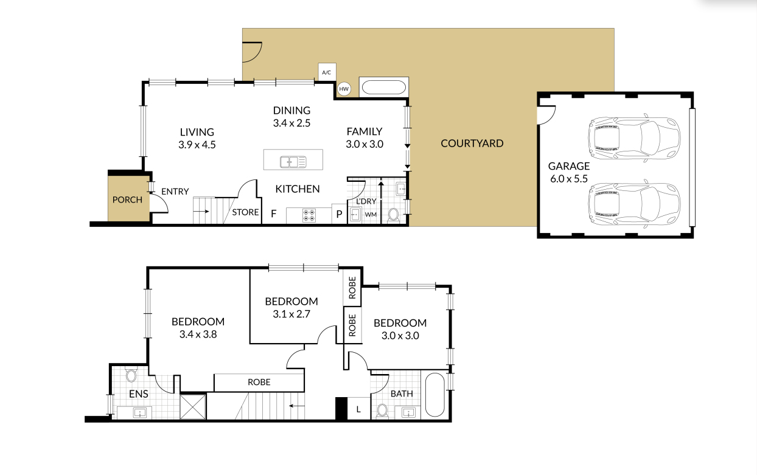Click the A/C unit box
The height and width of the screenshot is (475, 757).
click(x=326, y=72)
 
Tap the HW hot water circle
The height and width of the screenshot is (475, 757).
click(x=344, y=89)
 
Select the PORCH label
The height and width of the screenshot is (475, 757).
click(x=127, y=199)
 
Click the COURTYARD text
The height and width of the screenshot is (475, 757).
click(x=472, y=144)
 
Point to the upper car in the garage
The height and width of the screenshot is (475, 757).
click(x=633, y=136)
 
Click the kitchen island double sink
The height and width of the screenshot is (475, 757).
click(x=293, y=161)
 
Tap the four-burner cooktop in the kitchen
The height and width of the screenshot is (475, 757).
click(x=309, y=215)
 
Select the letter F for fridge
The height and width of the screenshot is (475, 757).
click(x=273, y=213)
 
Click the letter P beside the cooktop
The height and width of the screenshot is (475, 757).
click(x=339, y=214)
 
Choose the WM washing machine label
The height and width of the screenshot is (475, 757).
click(x=370, y=215)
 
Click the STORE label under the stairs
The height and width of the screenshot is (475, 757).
click(x=245, y=213)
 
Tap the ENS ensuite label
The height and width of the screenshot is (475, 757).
click(x=139, y=394)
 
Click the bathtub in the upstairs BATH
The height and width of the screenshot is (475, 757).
click(x=434, y=395)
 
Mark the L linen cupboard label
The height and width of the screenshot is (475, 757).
click(x=358, y=410)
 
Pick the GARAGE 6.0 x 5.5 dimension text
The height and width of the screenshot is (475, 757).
click(x=568, y=179)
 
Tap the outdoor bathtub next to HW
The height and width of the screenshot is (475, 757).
click(x=383, y=88)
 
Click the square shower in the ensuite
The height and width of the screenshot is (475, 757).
click(x=194, y=406)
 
